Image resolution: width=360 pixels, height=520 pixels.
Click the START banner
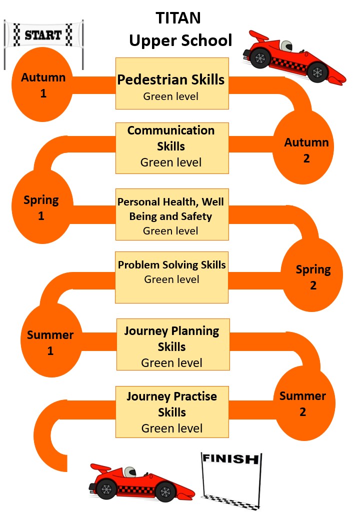(43, 35)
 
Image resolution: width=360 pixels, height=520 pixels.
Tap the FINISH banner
(231, 459)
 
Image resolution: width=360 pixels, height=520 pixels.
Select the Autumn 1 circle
(43, 85)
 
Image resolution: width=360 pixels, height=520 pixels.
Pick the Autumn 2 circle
(306, 150)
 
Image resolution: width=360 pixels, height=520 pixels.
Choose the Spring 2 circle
(313, 277)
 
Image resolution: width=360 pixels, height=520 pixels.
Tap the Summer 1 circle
(50, 342)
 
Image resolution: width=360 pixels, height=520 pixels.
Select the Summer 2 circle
(302, 404)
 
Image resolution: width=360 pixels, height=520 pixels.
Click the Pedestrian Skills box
(172, 83)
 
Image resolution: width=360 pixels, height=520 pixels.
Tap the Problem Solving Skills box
(172, 277)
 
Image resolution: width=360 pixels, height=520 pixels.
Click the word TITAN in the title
(178, 18)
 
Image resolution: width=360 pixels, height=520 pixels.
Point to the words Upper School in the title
(180, 40)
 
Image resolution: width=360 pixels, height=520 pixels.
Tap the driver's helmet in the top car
(286, 46)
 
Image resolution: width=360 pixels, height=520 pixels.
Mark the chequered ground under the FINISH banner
(231, 500)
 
